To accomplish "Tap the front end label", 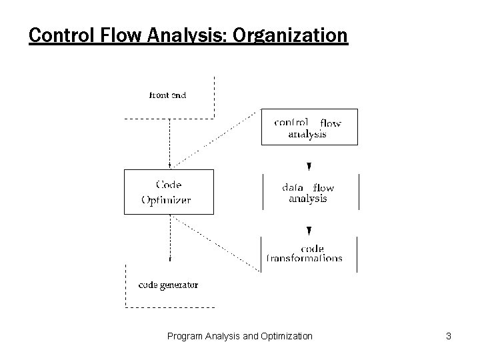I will [x=167, y=95].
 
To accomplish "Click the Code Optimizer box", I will [x=169, y=192].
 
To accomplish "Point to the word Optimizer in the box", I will [x=166, y=199].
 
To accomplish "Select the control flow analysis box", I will [x=309, y=127].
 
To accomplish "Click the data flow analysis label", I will [x=308, y=193].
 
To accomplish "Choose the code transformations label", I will [x=305, y=254].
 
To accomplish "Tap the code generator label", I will [x=168, y=285].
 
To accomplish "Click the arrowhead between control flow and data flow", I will [x=309, y=167].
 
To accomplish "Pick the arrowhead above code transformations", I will [x=309, y=231].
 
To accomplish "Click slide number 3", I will [x=449, y=337].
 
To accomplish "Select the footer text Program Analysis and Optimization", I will [x=239, y=337].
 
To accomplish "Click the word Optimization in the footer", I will [x=285, y=337].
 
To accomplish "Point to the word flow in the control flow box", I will [x=330, y=123].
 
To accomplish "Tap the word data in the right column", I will [x=293, y=188].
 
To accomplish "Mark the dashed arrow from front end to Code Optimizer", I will [x=170, y=143].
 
